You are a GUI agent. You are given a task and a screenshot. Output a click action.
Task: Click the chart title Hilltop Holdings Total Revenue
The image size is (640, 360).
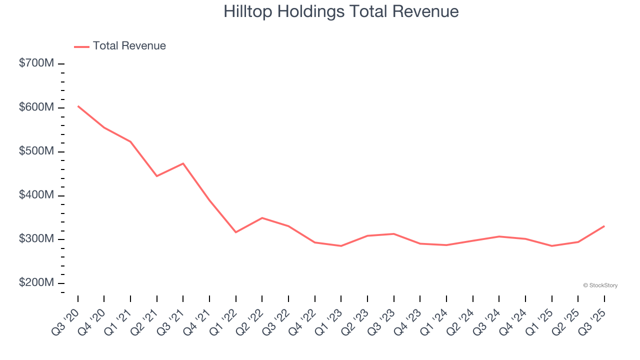[341, 11]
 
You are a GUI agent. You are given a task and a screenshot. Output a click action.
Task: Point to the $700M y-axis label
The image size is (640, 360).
[36, 63]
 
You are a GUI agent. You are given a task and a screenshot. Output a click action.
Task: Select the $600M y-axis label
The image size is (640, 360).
[36, 107]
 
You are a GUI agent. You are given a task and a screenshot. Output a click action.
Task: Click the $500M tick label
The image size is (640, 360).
[36, 151]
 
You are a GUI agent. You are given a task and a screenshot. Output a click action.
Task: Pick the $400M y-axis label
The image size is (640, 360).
[36, 195]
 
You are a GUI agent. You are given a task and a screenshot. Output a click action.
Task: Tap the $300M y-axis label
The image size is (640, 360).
[36, 239]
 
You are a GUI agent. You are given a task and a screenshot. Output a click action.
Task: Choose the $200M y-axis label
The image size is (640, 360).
[36, 283]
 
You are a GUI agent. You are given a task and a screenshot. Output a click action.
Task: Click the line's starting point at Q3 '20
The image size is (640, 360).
[78, 106]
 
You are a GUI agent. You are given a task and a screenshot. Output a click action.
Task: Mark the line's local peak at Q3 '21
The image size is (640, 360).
[183, 163]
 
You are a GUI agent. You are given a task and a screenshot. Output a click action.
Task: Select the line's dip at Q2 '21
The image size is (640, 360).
[157, 176]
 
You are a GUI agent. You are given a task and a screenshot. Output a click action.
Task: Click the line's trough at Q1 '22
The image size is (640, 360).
[236, 232]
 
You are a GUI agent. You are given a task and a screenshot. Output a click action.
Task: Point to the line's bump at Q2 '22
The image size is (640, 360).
[262, 218]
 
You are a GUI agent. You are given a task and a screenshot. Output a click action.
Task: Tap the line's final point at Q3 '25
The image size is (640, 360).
[604, 226]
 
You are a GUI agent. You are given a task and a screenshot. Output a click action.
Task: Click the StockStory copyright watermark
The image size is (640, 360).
[600, 285]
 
